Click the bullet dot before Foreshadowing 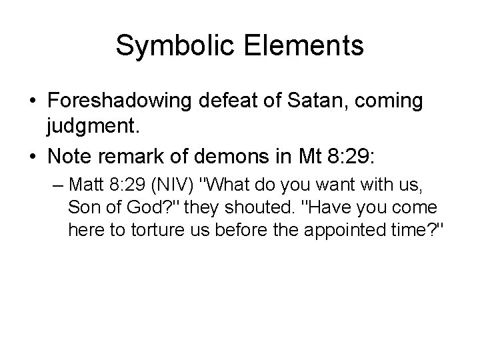[33, 102]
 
